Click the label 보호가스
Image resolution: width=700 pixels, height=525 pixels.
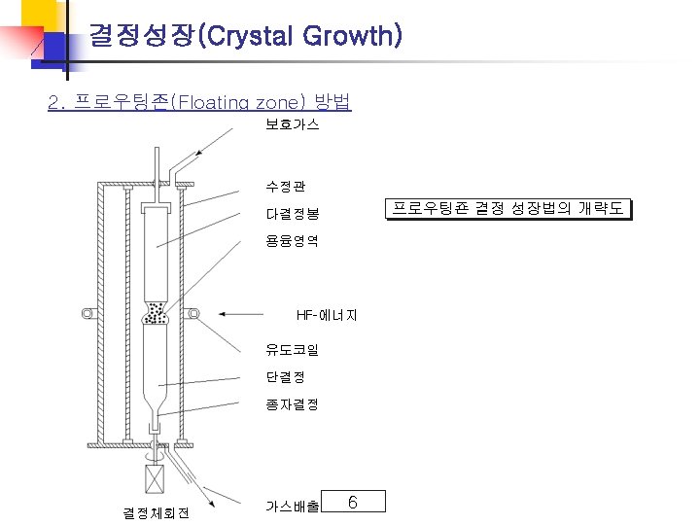tap(293, 125)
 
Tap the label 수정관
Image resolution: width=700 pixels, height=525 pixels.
tap(285, 185)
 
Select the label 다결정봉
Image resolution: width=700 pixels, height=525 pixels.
tap(293, 213)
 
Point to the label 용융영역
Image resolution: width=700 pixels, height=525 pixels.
tap(293, 240)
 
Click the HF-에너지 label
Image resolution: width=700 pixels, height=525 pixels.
tap(328, 315)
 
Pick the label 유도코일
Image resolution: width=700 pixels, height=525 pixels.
tap(293, 348)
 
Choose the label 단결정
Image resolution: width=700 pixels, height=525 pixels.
tap(285, 375)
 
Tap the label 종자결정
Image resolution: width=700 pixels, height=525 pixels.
tap(293, 403)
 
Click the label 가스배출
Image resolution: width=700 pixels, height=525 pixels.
tap(293, 507)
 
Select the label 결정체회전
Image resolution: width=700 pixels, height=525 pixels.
tap(156, 512)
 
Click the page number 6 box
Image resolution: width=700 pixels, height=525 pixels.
tap(353, 502)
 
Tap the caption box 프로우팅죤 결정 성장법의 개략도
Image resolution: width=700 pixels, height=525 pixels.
tap(507, 209)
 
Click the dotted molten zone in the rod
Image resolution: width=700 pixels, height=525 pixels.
tap(155, 314)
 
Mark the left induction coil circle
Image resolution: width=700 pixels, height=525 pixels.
tap(87, 313)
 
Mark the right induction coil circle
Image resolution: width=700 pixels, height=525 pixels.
tap(193, 313)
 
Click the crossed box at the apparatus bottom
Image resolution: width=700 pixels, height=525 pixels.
tap(156, 480)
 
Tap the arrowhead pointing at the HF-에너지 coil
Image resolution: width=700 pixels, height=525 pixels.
tap(225, 314)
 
